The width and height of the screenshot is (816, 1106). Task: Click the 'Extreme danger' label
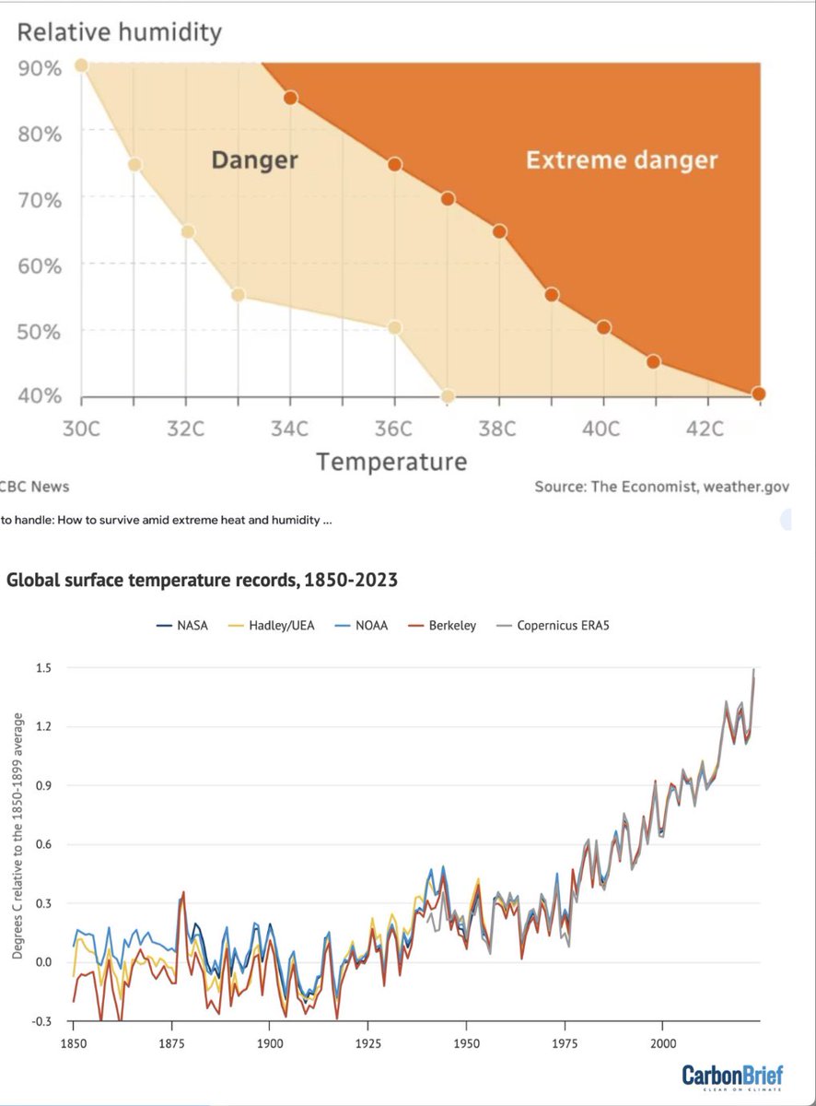click(x=621, y=160)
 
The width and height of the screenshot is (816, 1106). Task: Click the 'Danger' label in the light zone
click(x=254, y=160)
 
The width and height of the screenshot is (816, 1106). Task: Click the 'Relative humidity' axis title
click(x=120, y=33)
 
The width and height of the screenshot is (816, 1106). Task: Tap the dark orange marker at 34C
click(x=290, y=98)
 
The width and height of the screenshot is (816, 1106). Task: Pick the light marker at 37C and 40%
click(x=448, y=396)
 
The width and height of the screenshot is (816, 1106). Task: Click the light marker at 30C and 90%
click(x=81, y=65)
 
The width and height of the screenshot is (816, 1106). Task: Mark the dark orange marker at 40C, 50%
click(x=603, y=327)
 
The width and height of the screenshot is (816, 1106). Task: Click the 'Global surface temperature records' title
click(x=203, y=581)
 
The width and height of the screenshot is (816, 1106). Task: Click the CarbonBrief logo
click(x=733, y=1076)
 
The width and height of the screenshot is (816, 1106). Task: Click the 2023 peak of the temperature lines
click(x=754, y=672)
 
